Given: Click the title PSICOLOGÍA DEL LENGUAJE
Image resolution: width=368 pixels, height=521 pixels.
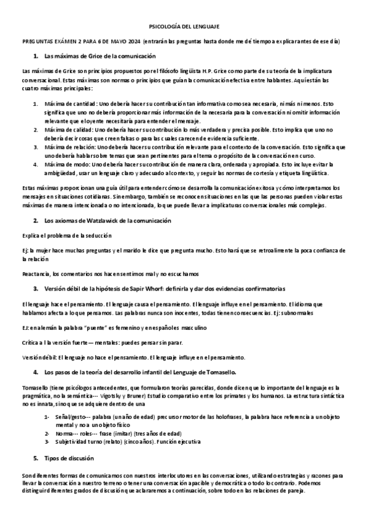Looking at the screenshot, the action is click(184, 26).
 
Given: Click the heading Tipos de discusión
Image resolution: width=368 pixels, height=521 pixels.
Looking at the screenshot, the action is click(68, 458).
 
